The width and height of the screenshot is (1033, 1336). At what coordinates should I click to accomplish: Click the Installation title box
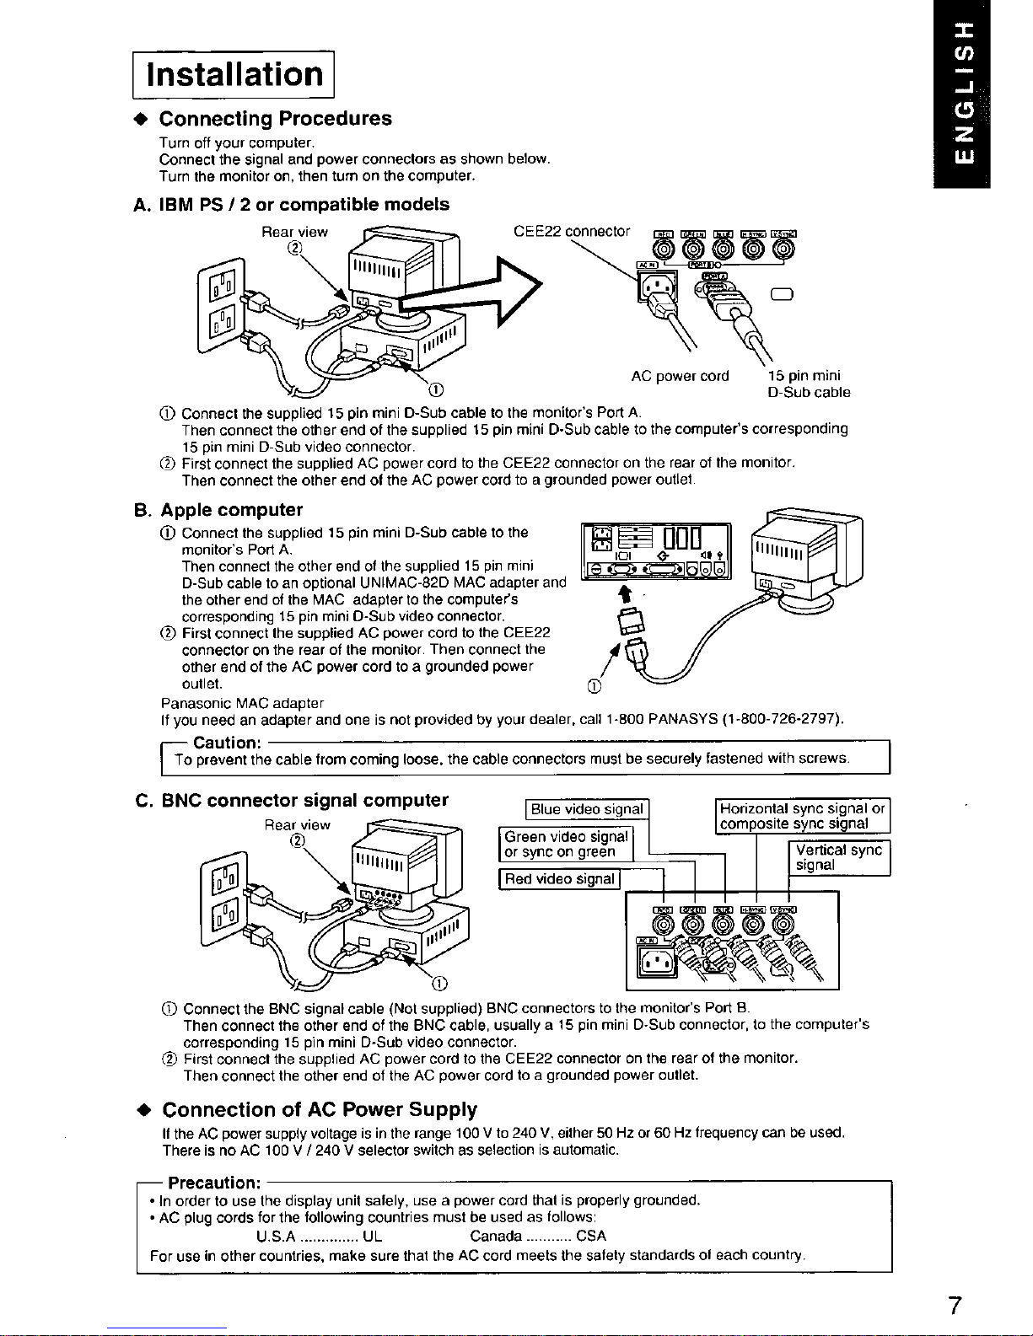pos(235,74)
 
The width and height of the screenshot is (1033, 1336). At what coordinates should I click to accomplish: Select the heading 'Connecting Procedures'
pos(276,118)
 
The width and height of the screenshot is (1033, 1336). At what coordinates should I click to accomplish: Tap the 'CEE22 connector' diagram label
pos(572,231)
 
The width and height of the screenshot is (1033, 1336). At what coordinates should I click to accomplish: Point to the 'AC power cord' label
pos(680,376)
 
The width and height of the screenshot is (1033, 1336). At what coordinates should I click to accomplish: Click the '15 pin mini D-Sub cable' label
pos(808,384)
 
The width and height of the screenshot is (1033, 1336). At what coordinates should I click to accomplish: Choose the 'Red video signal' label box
pos(558,879)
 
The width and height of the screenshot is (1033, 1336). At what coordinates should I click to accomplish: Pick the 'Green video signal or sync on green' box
pos(566,844)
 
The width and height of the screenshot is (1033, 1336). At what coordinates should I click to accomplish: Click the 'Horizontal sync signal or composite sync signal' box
pos(802,816)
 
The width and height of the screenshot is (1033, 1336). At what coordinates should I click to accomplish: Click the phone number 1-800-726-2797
pos(783,720)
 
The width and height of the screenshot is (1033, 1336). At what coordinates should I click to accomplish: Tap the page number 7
pos(954,1306)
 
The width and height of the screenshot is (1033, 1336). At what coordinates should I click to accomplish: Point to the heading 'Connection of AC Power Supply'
pos(320,1109)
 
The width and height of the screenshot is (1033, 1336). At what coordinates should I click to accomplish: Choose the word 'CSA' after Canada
pos(591,1237)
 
